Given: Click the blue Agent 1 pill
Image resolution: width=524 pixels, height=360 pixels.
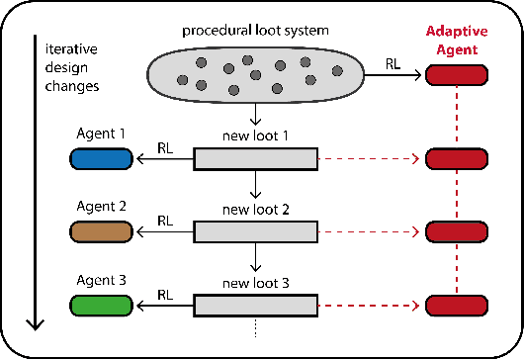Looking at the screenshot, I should coord(102,159).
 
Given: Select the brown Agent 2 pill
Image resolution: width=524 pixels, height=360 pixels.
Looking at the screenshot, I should coord(102,232).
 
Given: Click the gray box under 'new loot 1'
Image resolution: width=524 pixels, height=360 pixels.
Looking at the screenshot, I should coord(254,159).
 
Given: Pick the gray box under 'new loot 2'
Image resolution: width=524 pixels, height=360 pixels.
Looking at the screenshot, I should coord(254,232).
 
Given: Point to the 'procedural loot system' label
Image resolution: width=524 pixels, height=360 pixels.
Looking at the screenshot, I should coord(254,32).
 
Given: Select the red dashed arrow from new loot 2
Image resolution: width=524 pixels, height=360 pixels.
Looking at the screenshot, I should coord(368,232).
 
